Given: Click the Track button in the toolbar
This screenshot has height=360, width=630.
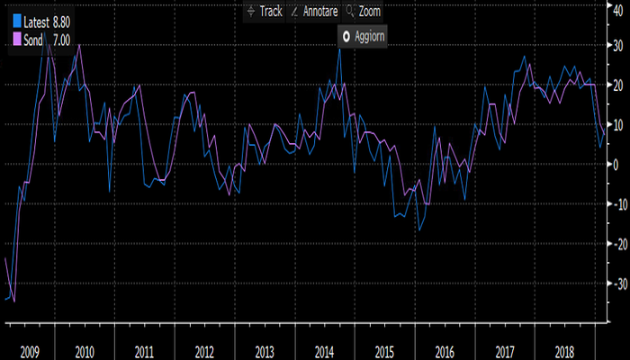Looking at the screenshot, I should point(265,12).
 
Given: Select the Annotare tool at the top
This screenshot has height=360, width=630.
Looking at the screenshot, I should point(315,12).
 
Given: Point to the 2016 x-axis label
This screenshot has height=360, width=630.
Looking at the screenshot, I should point(444,351).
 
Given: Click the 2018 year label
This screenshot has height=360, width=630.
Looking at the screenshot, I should point(564,351).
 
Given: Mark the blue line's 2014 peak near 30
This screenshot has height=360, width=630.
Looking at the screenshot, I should point(340,49).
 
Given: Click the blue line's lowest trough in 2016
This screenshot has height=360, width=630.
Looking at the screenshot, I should point(418,230).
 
